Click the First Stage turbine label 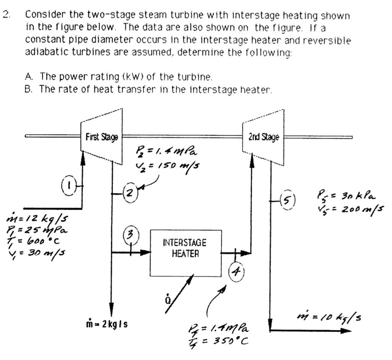point(101,137)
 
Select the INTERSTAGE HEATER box point(185,253)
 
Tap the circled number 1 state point point(68,187)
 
